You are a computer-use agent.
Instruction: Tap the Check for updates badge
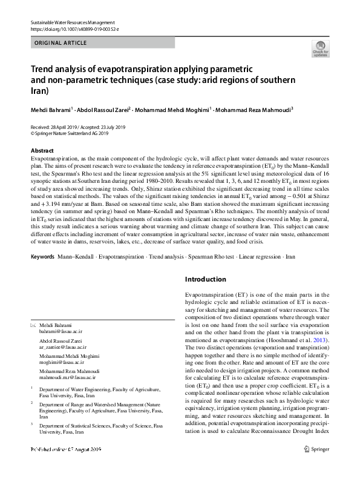pos(320,48)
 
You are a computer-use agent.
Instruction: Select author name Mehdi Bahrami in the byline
pos(51,110)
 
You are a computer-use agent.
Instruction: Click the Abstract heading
pos(42,150)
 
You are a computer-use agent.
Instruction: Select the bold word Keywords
pos(42,257)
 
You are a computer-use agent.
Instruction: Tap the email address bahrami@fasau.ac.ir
pos(61,332)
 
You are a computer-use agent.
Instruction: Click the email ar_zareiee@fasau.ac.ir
pos(63,348)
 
